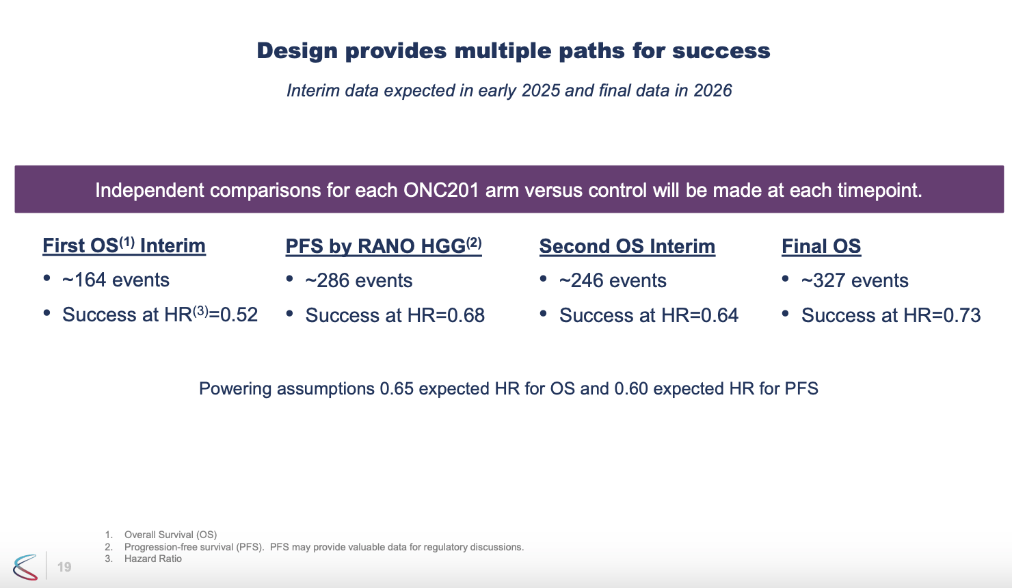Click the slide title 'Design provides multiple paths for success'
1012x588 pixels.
[513, 51]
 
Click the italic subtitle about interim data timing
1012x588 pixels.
[509, 91]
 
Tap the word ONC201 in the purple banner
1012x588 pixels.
[440, 190]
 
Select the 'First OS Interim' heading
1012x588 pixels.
[124, 246]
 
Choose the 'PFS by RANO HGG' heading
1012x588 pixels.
[383, 247]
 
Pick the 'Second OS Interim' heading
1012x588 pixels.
[627, 247]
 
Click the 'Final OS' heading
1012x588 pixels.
[821, 247]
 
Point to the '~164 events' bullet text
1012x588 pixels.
[116, 280]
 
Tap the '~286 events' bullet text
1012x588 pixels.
[358, 281]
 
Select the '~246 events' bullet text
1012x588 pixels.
[612, 281]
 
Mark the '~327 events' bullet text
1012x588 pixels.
[854, 281]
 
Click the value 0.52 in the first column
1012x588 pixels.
[239, 315]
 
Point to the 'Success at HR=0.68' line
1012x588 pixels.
[395, 316]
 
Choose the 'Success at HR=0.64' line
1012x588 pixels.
[648, 316]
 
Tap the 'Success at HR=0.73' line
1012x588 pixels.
[890, 316]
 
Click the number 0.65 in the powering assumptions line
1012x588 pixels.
[397, 389]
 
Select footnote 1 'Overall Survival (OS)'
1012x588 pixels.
[170, 535]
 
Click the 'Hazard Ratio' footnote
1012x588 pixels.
[152, 559]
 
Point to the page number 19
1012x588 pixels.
[64, 567]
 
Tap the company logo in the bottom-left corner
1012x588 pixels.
[25, 567]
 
